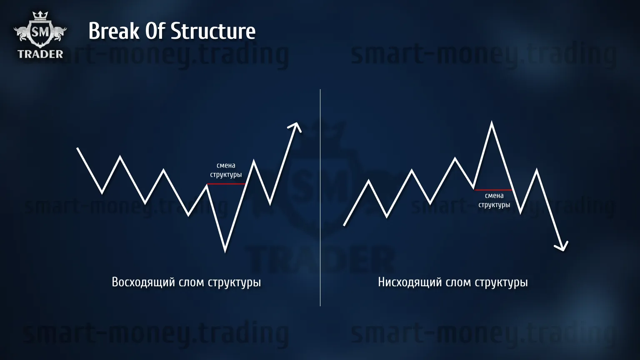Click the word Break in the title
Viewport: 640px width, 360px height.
114,31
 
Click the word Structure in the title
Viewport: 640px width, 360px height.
213,31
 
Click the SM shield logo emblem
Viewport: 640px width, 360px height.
40,32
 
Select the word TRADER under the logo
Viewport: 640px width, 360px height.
40,54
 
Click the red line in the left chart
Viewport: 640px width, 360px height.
226,184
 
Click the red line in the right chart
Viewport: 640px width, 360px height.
493,190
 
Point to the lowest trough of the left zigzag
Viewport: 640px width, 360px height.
225,251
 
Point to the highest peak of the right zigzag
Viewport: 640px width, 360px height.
491,122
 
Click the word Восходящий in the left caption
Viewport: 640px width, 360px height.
143,282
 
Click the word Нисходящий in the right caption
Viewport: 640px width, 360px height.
410,282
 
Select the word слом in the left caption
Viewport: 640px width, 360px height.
191,282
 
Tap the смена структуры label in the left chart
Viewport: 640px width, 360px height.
226,170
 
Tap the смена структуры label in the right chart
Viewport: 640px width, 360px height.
494,200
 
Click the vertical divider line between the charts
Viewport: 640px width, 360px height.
320,197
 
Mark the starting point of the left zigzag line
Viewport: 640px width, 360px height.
77,148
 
